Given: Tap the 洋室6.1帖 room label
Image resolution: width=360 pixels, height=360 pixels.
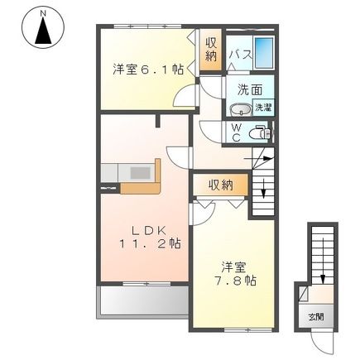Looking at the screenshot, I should pyautogui.click(x=148, y=70).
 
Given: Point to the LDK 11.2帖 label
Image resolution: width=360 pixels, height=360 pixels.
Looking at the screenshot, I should pyautogui.click(x=144, y=236).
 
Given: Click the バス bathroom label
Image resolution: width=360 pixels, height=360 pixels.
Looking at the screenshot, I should pyautogui.click(x=239, y=55).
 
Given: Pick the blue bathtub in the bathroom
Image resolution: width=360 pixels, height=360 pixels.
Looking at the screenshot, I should pyautogui.click(x=266, y=55).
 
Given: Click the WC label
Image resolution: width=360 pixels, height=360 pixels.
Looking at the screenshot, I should pyautogui.click(x=236, y=133).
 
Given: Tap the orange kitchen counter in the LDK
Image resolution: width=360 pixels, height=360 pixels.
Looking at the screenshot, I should pyautogui.click(x=132, y=176).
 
